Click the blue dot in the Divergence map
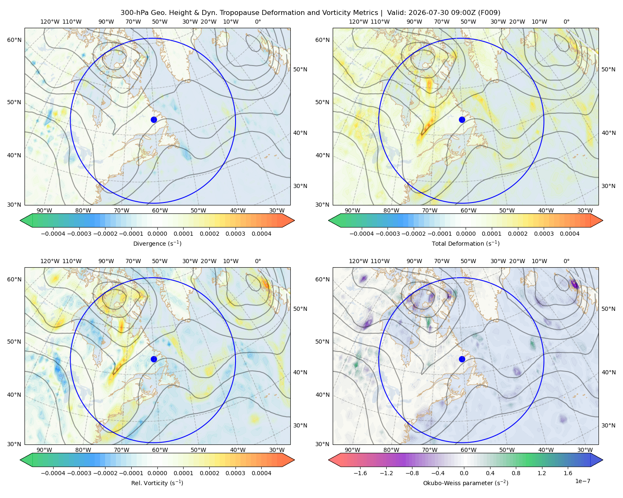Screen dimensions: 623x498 pos(154,120)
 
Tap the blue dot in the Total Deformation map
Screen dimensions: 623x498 pos(462,120)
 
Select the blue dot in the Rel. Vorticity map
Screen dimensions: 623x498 pos(154,359)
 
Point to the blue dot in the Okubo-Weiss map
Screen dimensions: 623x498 pos(462,359)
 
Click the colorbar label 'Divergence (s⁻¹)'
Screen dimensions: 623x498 pos(157,243)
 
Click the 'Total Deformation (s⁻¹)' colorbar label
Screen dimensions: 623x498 pos(466,243)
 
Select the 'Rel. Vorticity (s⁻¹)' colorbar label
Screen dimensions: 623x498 pos(157,483)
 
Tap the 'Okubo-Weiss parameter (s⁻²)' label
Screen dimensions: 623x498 pos(466,483)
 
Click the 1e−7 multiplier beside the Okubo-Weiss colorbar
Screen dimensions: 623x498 pos(582,481)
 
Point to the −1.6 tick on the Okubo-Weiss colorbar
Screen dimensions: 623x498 pos(361,473)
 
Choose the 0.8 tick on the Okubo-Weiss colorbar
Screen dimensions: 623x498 pos(516,473)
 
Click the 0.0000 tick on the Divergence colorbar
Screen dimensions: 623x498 pos(157,234)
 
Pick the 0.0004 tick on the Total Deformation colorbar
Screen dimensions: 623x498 pos(569,234)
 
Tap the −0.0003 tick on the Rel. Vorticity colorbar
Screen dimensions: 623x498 pos(79,473)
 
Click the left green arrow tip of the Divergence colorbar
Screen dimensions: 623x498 pos(20,220)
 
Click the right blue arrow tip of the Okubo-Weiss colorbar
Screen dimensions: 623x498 pos(603,460)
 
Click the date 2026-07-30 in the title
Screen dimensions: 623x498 pos(402,13)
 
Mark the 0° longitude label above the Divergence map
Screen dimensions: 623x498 pos(258,22)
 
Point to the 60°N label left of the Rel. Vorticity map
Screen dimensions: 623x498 pos(14,279)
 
